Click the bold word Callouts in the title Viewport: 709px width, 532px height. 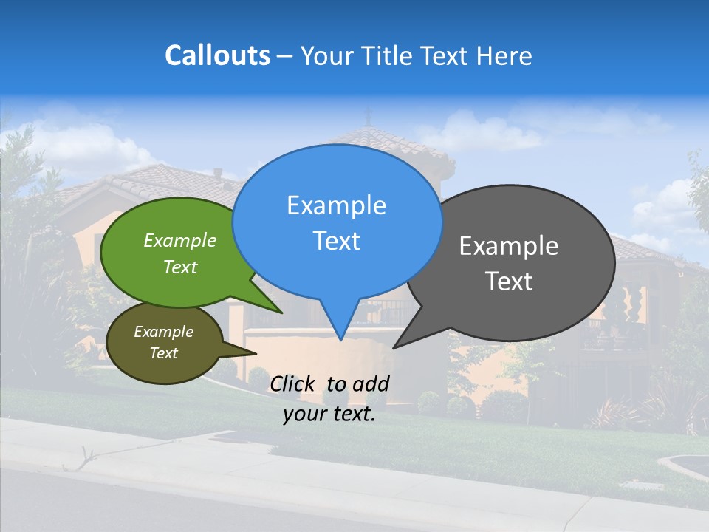tap(217, 55)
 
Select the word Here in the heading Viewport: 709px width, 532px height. tap(504, 55)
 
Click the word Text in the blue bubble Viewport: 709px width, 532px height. tap(336, 241)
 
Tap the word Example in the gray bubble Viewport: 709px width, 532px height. tap(509, 245)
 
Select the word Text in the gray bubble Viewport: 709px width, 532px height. tap(509, 282)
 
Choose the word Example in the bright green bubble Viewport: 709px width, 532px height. tap(180, 240)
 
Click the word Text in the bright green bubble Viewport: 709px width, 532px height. tap(180, 267)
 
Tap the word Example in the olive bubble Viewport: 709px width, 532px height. tap(163, 332)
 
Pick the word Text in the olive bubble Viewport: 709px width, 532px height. tap(163, 353)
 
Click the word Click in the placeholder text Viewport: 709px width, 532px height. tap(294, 383)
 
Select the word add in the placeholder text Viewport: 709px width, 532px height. tap(371, 383)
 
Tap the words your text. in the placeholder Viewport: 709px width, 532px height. tap(329, 414)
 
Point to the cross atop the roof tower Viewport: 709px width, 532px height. tap(368, 116)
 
